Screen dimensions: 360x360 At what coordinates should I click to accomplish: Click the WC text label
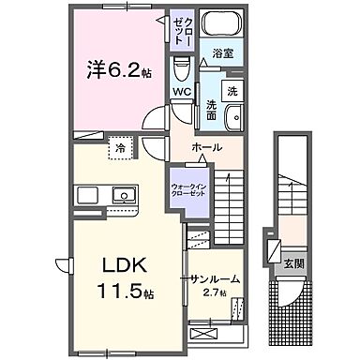click(x=181, y=93)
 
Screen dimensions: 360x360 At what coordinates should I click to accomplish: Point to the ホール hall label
click(x=206, y=148)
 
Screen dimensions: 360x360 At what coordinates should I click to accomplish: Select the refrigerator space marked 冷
click(x=120, y=148)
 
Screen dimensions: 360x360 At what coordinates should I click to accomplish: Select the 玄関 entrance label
click(x=293, y=262)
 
